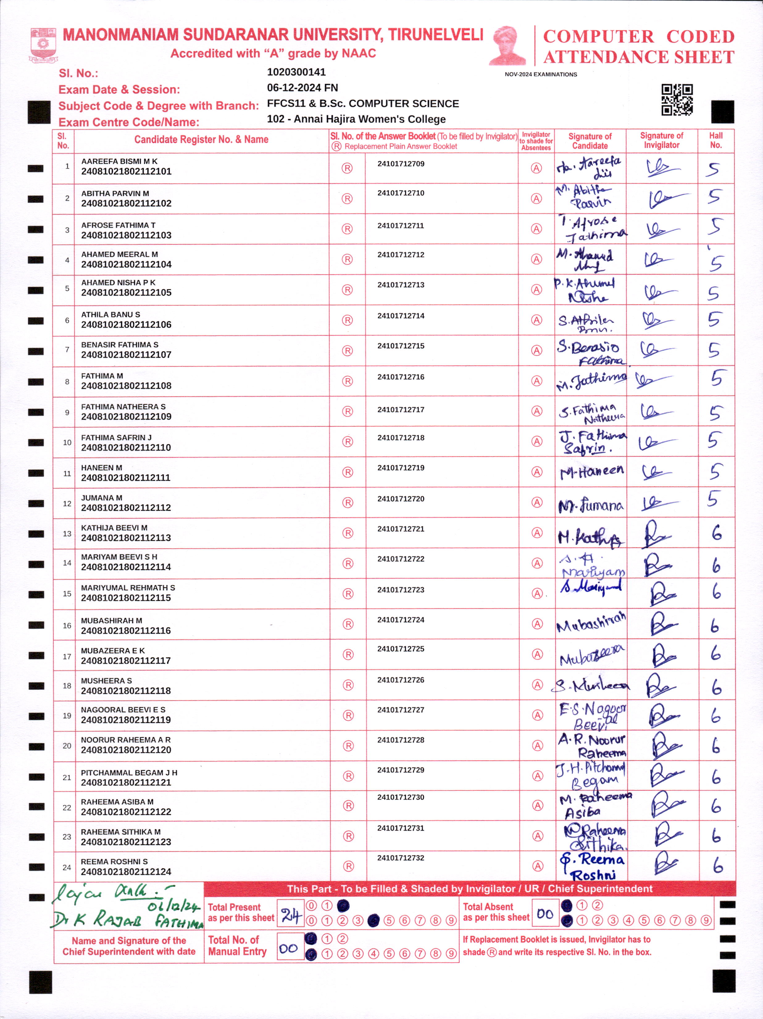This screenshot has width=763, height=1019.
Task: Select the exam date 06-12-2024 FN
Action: pos(302,87)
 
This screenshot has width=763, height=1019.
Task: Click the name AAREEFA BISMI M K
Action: pos(119,161)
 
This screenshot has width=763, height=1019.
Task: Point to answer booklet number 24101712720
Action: pos(401,498)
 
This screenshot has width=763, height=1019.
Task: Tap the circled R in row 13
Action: pos(348,533)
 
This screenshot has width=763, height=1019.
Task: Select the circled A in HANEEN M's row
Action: pos(536,472)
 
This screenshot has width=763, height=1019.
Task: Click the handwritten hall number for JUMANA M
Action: pos(714,498)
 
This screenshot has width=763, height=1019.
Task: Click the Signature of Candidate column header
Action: pos(590,140)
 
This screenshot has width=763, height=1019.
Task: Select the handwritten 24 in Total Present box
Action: pos(290,915)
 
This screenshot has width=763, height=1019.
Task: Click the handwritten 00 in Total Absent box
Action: pos(545,913)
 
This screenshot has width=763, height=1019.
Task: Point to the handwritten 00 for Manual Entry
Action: pos(289,948)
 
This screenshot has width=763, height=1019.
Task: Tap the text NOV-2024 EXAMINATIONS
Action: pos(540,74)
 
